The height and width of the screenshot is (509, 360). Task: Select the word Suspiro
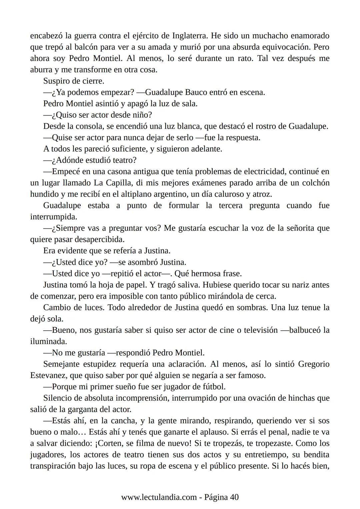point(57,81)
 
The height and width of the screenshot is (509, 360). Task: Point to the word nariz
point(302,285)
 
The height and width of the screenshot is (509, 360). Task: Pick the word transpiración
point(53,466)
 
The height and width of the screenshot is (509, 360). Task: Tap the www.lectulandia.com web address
point(159,498)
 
